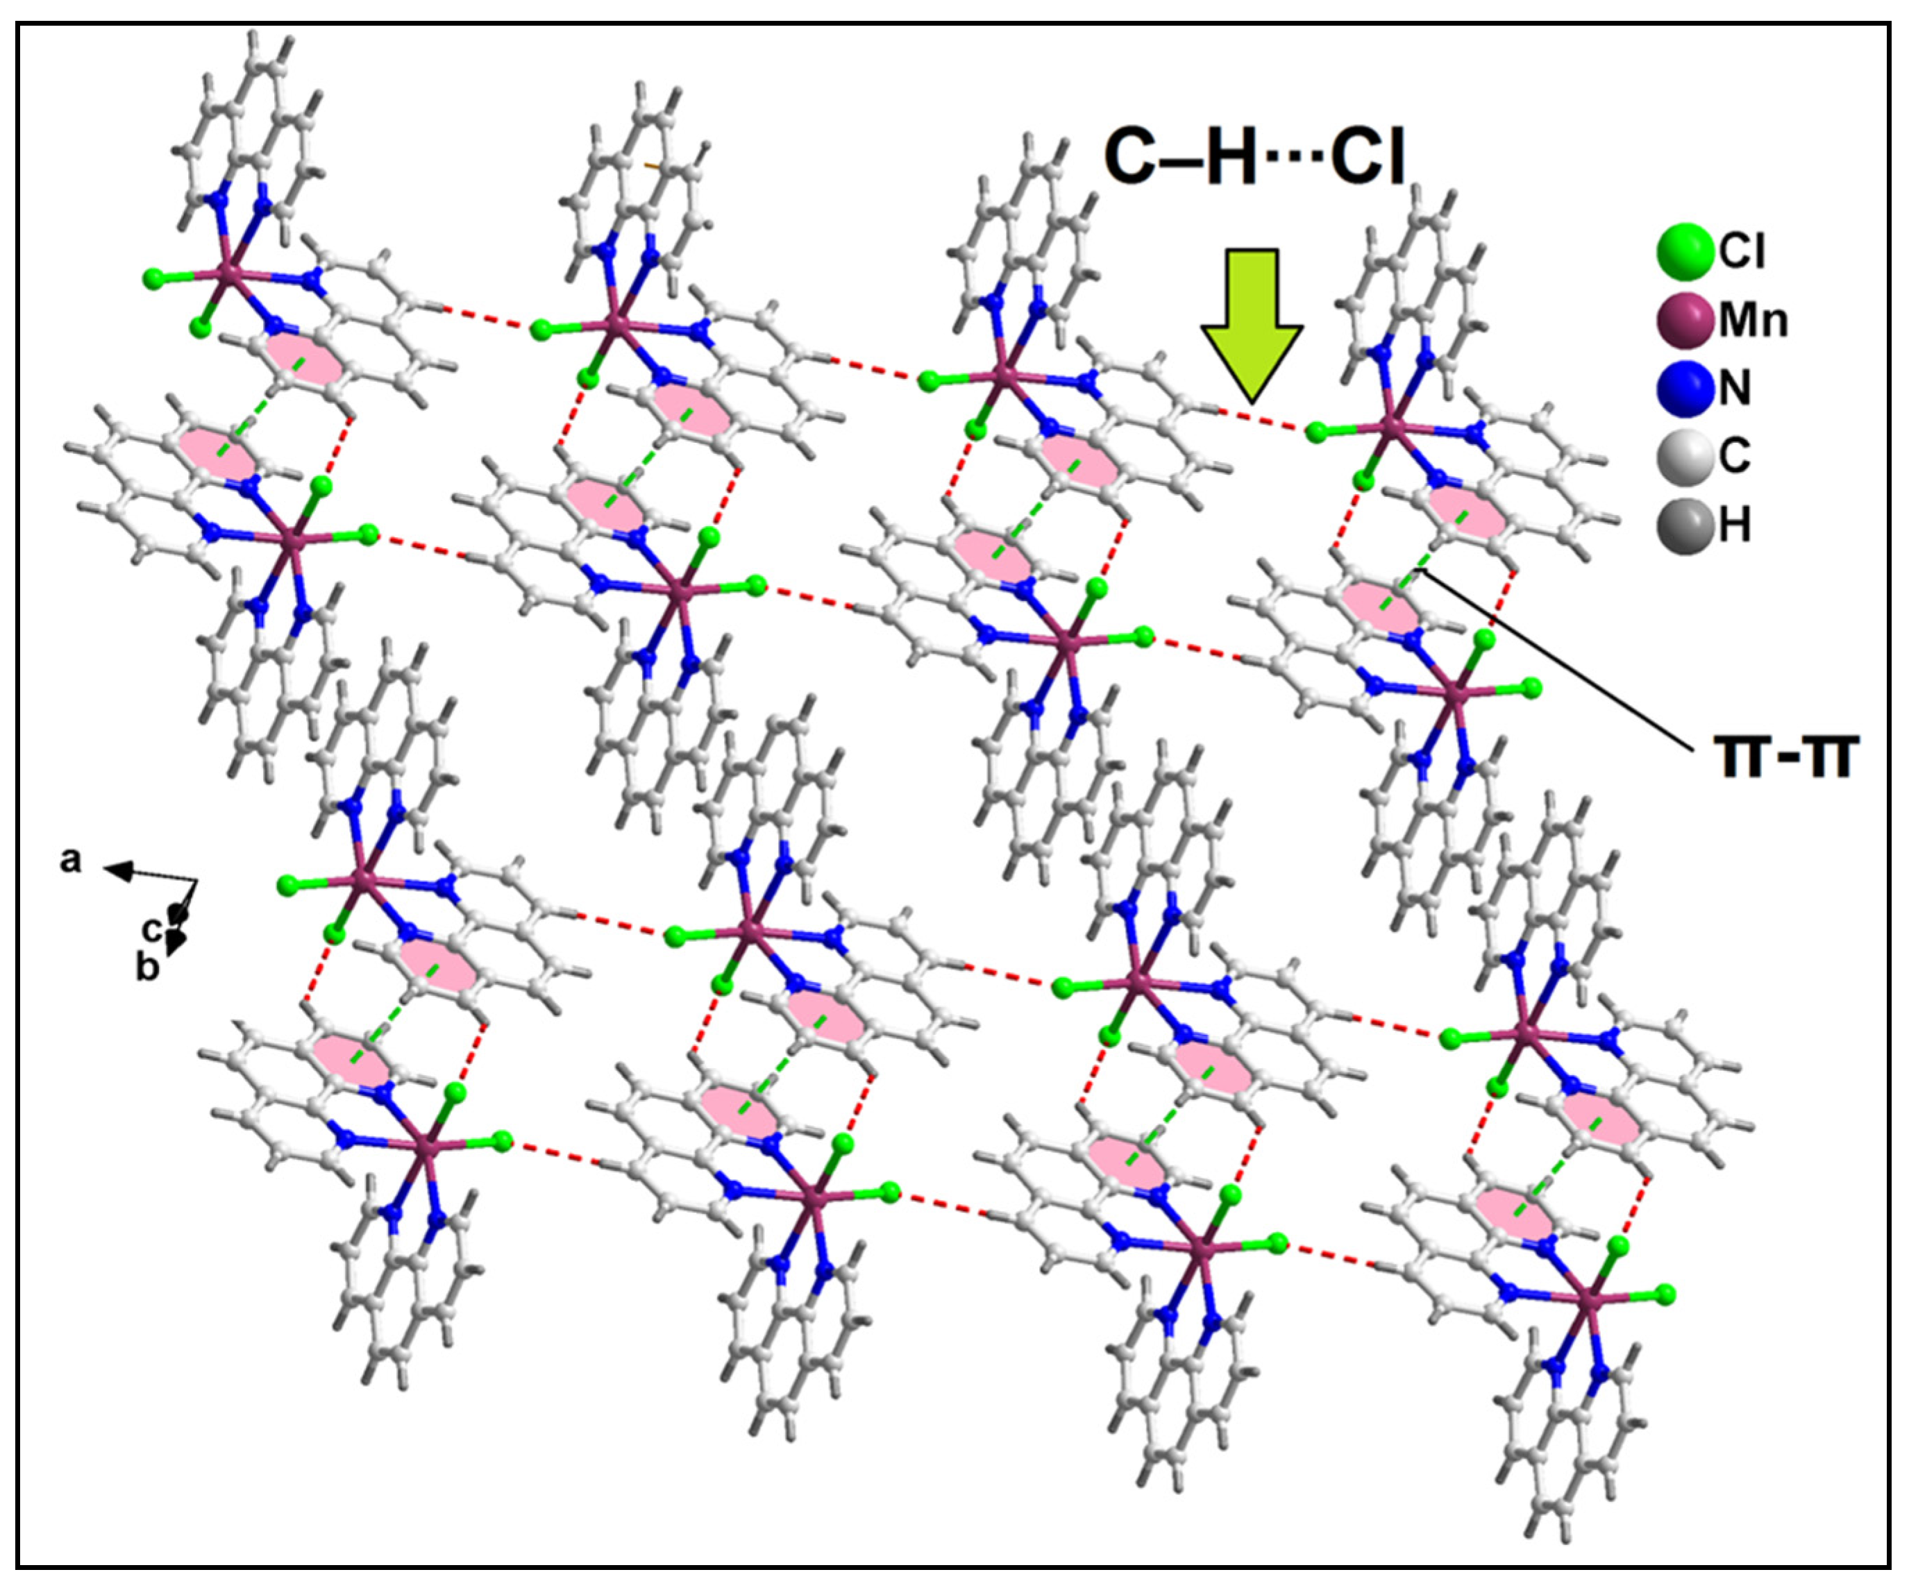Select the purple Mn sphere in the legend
1683,321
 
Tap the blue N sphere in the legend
1683,389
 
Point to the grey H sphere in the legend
1683,525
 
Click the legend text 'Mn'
1753,321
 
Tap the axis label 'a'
71,859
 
